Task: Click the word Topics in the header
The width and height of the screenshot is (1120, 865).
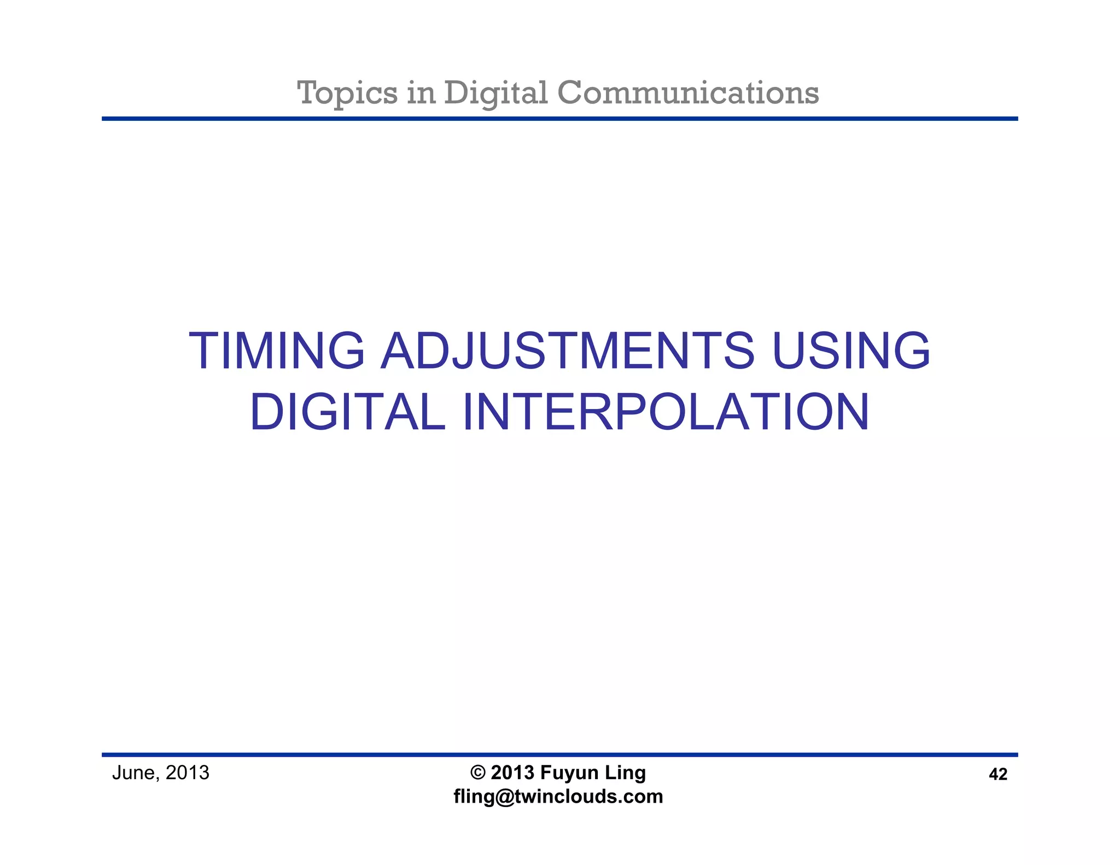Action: coord(347,93)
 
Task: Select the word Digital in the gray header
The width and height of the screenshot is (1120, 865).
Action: coord(495,93)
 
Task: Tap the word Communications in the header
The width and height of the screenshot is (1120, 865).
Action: coord(688,92)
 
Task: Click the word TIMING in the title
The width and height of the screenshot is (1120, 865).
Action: coord(276,350)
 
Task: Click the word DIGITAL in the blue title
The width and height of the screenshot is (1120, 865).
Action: coord(347,412)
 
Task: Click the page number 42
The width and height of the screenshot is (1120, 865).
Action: coord(998,774)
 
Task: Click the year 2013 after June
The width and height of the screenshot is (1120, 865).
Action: coord(188,773)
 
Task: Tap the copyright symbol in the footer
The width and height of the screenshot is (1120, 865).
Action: coord(478,773)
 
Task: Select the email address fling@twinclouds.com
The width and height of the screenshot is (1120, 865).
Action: coord(558,797)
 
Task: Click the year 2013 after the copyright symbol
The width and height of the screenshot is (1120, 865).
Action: coord(512,773)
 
